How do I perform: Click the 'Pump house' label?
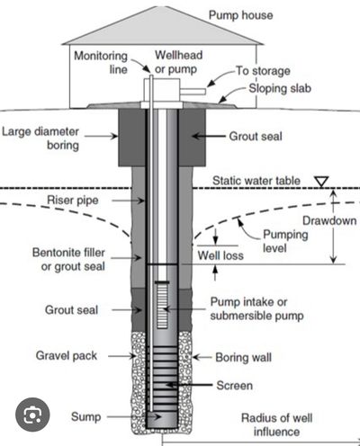click(x=240, y=15)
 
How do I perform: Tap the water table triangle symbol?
click(x=321, y=182)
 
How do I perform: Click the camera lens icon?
click(x=32, y=415)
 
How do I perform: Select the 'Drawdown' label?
click(x=329, y=221)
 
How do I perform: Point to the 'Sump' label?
click(x=85, y=417)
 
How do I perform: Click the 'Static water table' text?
click(x=256, y=181)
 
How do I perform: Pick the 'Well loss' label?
click(x=220, y=255)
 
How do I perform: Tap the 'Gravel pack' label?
click(x=67, y=356)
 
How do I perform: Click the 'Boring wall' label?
click(x=243, y=357)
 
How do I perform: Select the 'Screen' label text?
click(x=234, y=386)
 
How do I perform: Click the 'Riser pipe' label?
click(x=73, y=201)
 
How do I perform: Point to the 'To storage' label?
click(x=263, y=71)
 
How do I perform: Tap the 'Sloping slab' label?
click(x=280, y=88)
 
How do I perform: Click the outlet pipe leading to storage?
click(x=193, y=92)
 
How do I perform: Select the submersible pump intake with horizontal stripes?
click(x=162, y=305)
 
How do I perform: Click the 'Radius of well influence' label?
click(x=276, y=424)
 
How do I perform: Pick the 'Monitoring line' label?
click(x=101, y=62)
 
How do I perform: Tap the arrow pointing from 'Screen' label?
click(x=189, y=385)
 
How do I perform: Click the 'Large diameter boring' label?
click(x=40, y=138)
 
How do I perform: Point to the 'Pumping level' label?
click(x=285, y=241)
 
